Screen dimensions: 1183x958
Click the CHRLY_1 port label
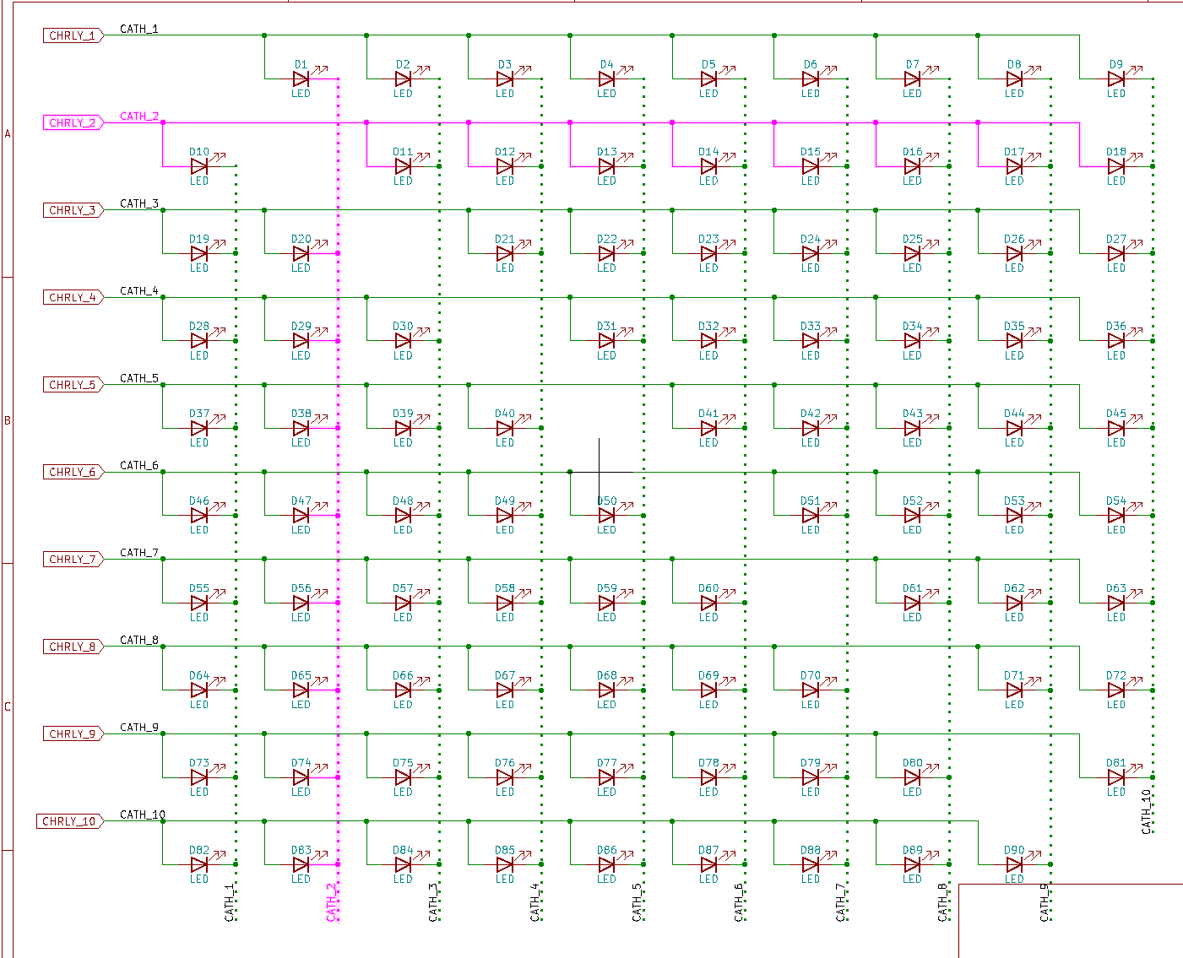tap(73, 35)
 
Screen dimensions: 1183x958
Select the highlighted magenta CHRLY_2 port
tap(73, 122)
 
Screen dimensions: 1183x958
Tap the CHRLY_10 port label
tap(70, 821)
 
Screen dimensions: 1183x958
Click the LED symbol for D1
tap(301, 78)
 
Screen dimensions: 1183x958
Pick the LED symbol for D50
tap(606, 516)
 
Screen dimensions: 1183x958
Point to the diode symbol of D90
tap(1014, 864)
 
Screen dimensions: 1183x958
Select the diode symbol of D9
tap(1115, 78)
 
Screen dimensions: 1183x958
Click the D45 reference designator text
tap(1115, 414)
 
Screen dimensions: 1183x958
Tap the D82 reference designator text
tap(199, 850)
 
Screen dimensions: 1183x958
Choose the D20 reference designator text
tap(301, 239)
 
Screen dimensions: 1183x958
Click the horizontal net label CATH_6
tap(139, 465)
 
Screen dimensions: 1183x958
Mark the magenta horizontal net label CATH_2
tap(139, 116)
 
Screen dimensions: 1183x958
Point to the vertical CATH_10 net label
tap(1146, 812)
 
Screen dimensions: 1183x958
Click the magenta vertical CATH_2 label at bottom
tap(331, 902)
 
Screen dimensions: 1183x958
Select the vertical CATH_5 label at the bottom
tap(637, 902)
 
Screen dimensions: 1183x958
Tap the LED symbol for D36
tap(1115, 341)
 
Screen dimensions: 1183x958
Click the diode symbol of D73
tap(199, 777)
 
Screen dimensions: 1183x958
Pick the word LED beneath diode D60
tap(708, 617)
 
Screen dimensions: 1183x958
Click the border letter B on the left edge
tap(8, 420)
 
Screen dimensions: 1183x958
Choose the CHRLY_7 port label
tap(73, 559)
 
